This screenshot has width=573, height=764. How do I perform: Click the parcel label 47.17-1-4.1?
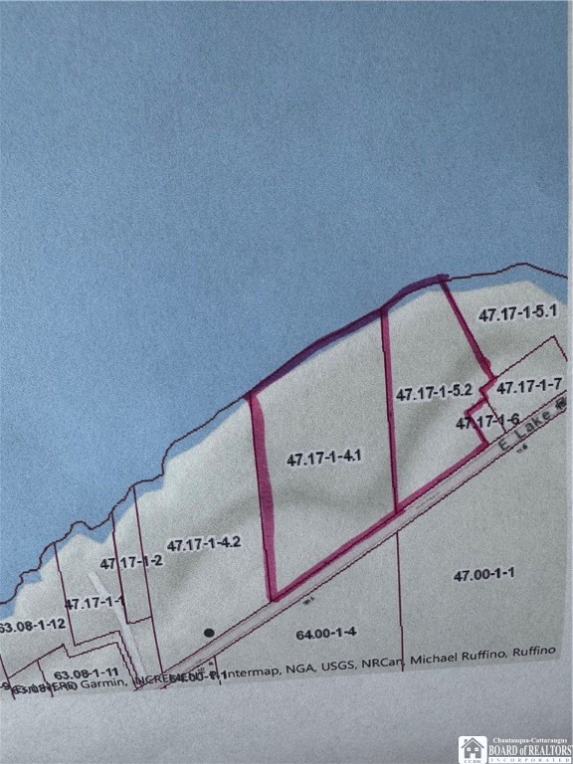[323, 459]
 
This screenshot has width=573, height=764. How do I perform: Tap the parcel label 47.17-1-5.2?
[433, 394]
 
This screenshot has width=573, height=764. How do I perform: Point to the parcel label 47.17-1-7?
[530, 386]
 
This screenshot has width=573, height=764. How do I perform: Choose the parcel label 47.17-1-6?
[488, 423]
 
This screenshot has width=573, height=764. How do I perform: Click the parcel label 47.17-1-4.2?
[204, 545]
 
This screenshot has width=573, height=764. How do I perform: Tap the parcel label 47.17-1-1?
[95, 603]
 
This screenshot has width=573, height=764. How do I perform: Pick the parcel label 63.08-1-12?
[33, 626]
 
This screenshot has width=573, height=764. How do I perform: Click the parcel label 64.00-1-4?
[326, 633]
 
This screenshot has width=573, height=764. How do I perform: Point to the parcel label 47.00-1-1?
[488, 576]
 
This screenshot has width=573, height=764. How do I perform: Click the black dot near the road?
[209, 632]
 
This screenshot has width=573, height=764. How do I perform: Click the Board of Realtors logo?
[513, 748]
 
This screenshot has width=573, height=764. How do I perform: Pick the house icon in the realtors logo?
[473, 748]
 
